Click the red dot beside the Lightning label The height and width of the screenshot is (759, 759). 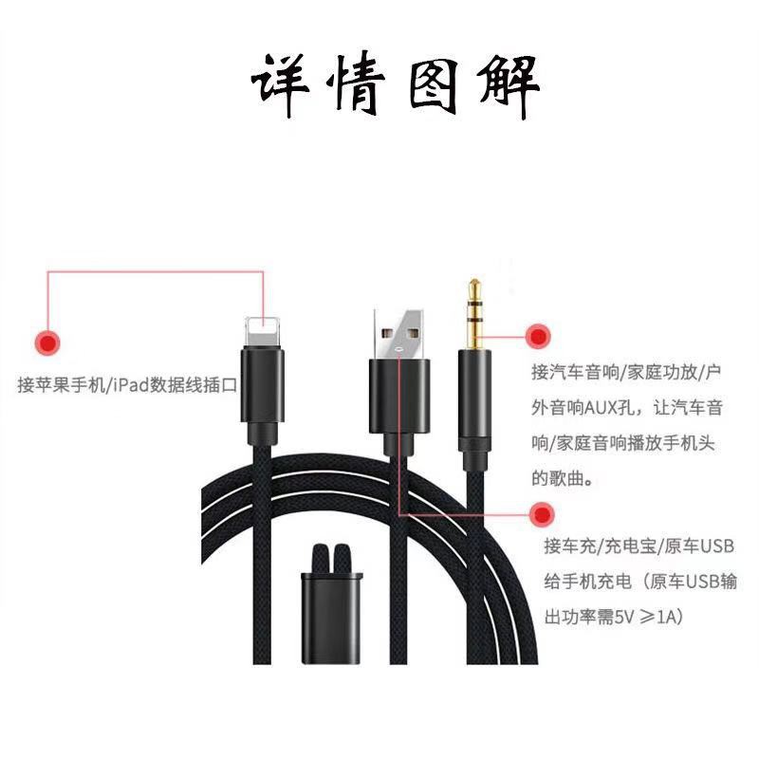click(46, 342)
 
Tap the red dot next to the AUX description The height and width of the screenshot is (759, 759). click(537, 336)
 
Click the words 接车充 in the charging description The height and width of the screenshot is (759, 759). click(565, 546)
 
